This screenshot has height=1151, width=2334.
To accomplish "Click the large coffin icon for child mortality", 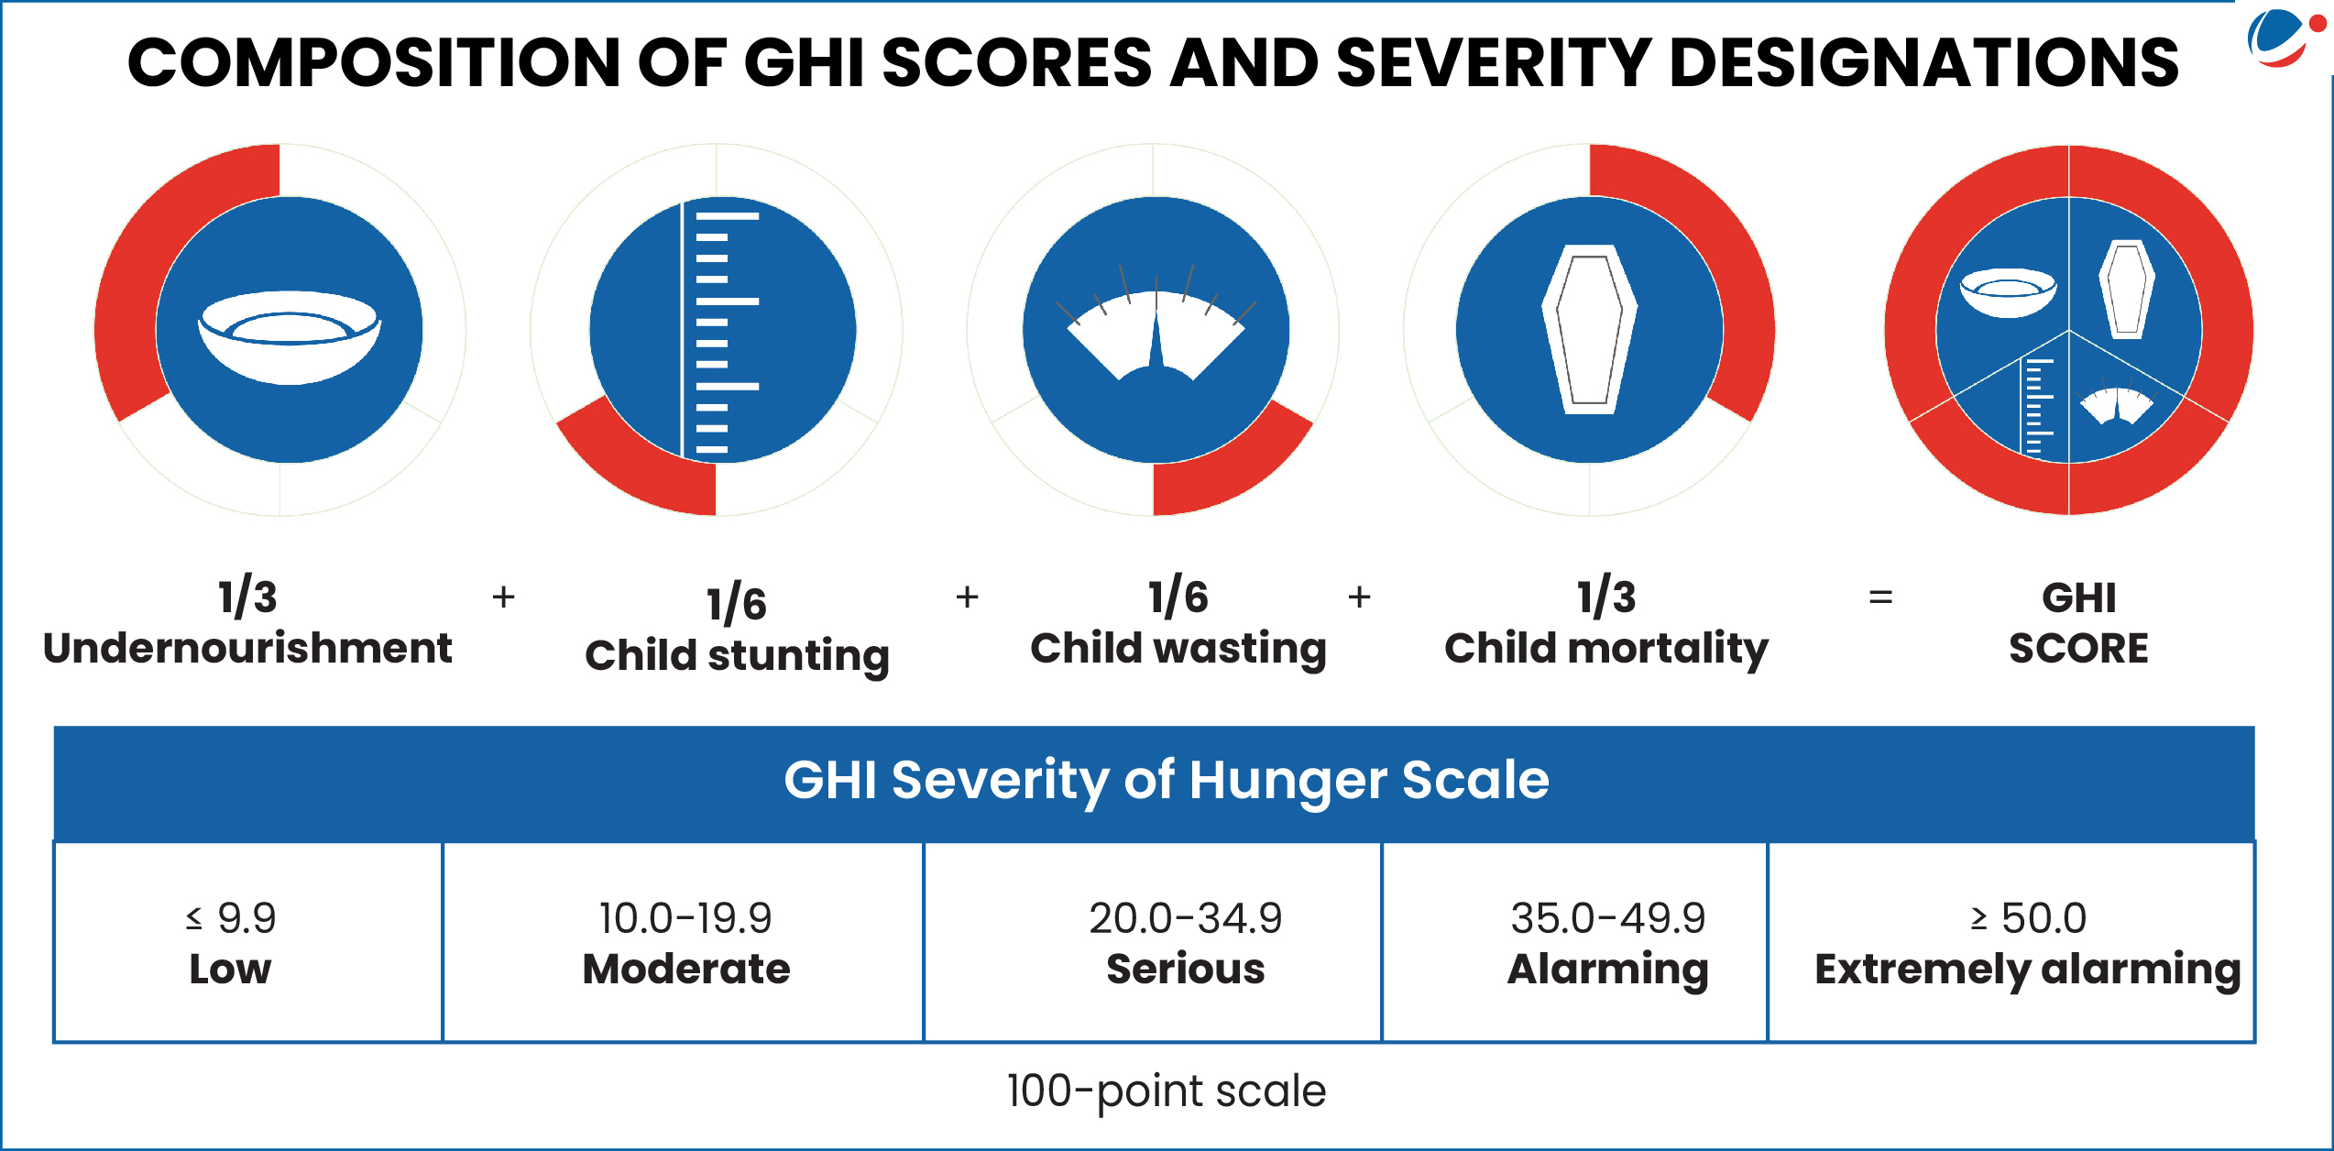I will coord(1590,330).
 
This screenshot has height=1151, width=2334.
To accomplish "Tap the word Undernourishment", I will coord(247,649).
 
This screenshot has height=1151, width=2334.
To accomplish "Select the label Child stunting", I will coord(737,656).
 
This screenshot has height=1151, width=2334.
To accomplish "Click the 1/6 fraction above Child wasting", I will coord(1178,597).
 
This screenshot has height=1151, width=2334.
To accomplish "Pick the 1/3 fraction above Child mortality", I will coord(1606,597).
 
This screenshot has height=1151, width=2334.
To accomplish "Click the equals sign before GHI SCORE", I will coord(1880,597).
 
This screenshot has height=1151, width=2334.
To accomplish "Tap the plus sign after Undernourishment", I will coord(503,597).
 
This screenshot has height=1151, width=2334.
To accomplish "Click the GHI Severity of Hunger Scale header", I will coord(1166,781).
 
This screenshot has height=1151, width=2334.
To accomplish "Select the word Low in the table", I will coord(230,970).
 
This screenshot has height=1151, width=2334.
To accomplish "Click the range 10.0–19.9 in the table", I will coord(685,918).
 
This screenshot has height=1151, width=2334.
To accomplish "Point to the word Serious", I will coord(1185,970).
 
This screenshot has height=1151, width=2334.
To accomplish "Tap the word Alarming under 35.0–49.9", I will coord(1607,970).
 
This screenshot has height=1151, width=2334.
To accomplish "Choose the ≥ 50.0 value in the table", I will coord(2028,918).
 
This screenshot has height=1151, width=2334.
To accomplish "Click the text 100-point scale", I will coord(1166,1091).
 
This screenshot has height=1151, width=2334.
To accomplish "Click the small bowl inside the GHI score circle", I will coord(2008,292).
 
